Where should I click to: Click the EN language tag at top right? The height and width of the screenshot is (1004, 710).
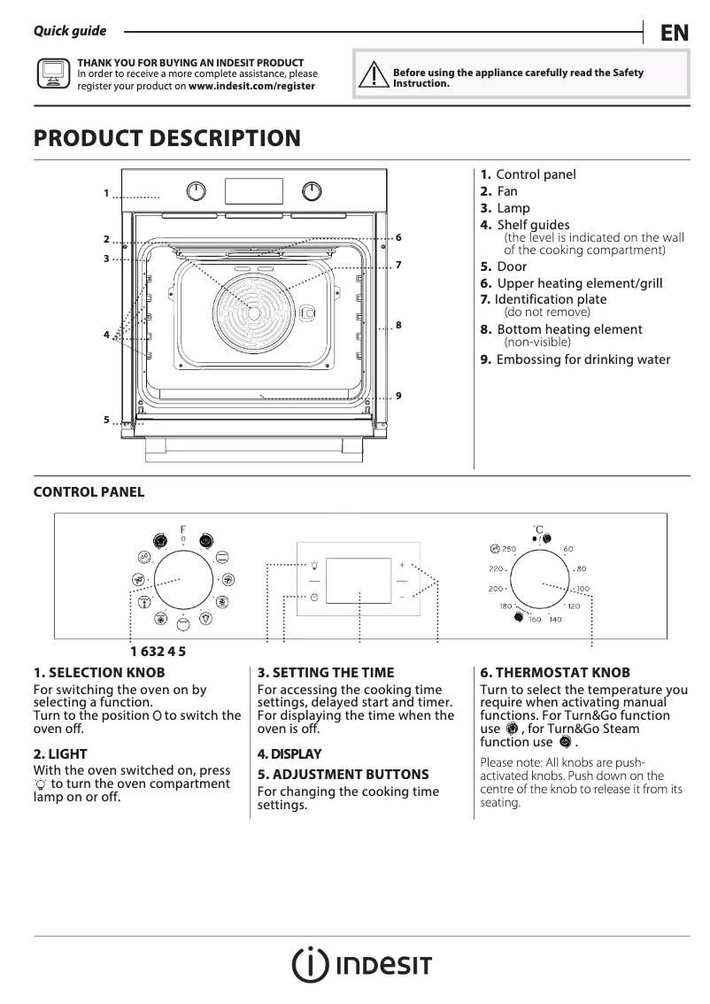pos(674,34)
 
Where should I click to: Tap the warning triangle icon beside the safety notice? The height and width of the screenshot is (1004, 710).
pos(374,76)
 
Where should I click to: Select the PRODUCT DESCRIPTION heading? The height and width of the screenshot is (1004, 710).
pos(166,139)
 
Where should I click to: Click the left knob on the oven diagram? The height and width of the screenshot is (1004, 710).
pos(197,191)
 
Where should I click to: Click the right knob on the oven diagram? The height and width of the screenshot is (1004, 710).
pos(311,191)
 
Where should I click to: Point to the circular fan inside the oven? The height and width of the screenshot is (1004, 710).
pos(253,312)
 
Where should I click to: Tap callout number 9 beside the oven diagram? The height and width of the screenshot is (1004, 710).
pos(399,395)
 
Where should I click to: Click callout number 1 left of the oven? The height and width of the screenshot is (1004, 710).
pos(105,193)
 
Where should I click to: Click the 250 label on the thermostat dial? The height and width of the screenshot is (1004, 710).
pos(508,549)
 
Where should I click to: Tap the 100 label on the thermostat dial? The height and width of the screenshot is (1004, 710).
pos(582,589)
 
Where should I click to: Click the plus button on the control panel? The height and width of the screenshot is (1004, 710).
pos(401,564)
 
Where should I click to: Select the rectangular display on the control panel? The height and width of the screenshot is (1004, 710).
pos(359,581)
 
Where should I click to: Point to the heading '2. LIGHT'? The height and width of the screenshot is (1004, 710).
pos(60,753)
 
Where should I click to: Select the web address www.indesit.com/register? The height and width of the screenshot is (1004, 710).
pos(251,87)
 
